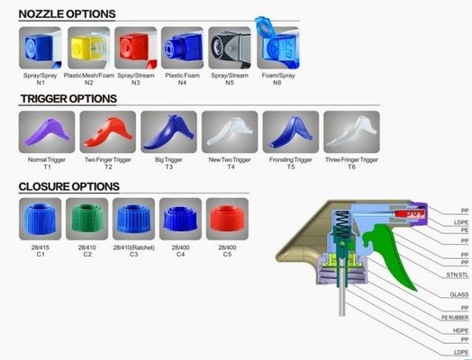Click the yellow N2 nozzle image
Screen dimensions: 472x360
[x=88, y=48]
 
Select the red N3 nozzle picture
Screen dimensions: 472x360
[x=135, y=48]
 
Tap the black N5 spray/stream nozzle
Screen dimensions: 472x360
[x=230, y=48]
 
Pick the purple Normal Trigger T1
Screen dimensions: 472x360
[x=47, y=131]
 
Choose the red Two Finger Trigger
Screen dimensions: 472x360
[x=108, y=131]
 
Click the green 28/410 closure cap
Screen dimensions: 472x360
[x=87, y=219]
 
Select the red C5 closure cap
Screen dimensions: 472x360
[x=227, y=219]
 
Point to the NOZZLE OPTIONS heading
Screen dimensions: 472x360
[x=67, y=14]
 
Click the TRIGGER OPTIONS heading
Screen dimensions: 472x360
[x=68, y=99]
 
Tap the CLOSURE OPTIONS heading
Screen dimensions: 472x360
[x=69, y=186]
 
